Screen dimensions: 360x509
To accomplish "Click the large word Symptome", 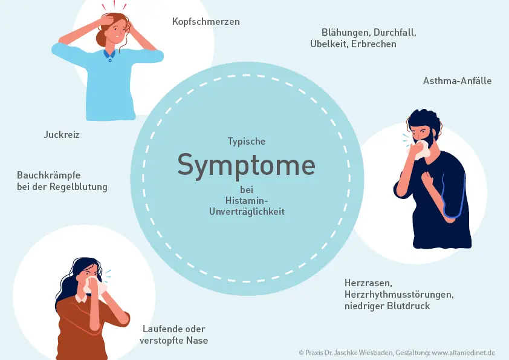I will (x=246, y=165).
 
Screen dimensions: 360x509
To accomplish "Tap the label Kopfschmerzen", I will (x=206, y=22).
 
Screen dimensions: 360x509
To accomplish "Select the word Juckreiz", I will (x=61, y=135).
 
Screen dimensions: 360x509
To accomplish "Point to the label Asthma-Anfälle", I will (x=457, y=80).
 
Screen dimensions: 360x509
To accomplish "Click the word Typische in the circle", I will (x=246, y=141).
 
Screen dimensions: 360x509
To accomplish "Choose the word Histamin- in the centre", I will (x=246, y=200).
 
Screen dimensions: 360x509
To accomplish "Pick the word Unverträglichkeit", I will (x=246, y=212).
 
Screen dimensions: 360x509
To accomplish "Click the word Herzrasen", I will (x=369, y=283).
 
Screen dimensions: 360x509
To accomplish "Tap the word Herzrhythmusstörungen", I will (x=398, y=294).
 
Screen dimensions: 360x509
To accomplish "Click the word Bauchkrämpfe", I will (x=49, y=175).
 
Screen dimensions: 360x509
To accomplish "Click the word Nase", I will (x=198, y=341).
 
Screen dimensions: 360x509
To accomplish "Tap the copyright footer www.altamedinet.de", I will (x=464, y=352).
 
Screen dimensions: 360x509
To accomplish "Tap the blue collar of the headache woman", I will (x=109, y=56).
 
